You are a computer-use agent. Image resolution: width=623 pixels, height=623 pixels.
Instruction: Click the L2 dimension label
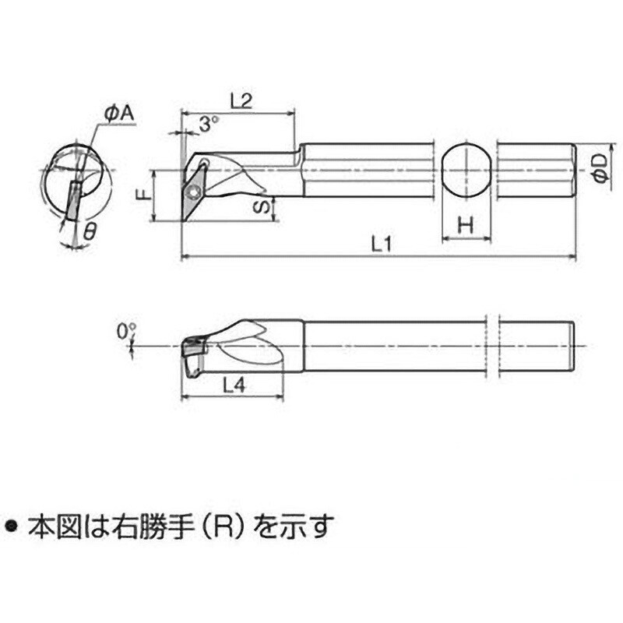tap(241, 101)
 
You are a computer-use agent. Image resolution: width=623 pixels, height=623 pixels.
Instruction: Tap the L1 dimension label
tap(382, 244)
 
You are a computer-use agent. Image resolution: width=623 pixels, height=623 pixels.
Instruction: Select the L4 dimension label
tap(234, 385)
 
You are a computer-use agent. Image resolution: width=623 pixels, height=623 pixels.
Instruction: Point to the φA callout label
tap(119, 114)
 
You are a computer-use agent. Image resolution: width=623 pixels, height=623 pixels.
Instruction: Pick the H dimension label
tap(466, 225)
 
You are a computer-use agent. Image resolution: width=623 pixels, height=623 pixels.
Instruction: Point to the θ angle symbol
tap(90, 231)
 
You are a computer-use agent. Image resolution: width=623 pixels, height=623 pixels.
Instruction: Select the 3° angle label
tap(208, 125)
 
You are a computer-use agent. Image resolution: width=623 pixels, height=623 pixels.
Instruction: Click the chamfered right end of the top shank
tap(573, 170)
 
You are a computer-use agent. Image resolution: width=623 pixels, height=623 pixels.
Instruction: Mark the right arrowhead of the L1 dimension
tap(572, 257)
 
